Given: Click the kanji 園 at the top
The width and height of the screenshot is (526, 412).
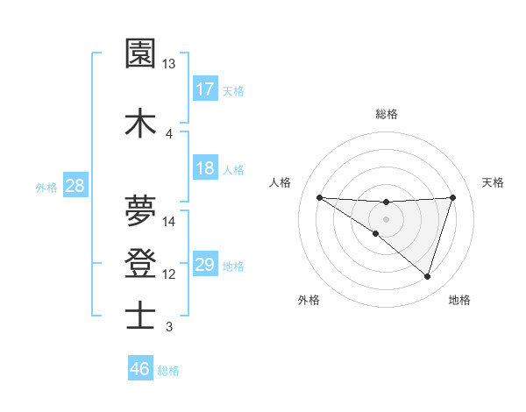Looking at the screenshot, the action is pyautogui.click(x=140, y=53).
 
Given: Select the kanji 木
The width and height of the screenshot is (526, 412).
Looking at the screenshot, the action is pyautogui.click(x=140, y=122).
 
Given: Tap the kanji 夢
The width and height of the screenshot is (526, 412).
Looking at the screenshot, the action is pyautogui.click(x=140, y=210).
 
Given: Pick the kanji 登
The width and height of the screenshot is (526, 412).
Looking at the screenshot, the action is pyautogui.click(x=140, y=262).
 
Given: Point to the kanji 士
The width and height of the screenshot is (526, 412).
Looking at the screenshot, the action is pyautogui.click(x=140, y=315).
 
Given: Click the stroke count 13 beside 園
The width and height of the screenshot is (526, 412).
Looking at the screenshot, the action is pyautogui.click(x=168, y=64).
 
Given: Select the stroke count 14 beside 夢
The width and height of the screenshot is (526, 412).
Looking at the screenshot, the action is pyautogui.click(x=169, y=222).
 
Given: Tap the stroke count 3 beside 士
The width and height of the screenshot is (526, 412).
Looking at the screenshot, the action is pyautogui.click(x=168, y=327).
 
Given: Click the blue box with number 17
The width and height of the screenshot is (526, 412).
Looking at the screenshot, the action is pyautogui.click(x=205, y=89).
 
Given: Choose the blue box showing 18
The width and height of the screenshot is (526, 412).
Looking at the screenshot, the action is pyautogui.click(x=205, y=168).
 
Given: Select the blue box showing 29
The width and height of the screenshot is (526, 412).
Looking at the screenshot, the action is pyautogui.click(x=205, y=265).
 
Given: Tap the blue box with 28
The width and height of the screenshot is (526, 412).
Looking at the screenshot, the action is pyautogui.click(x=75, y=186).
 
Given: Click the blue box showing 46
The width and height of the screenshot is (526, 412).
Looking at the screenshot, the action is pyautogui.click(x=140, y=369).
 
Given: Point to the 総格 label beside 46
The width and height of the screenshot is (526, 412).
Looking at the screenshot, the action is pyautogui.click(x=168, y=371).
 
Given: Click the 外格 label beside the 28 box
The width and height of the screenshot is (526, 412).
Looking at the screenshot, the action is pyautogui.click(x=46, y=187).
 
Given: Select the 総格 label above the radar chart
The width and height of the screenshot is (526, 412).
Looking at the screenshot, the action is pyautogui.click(x=386, y=114).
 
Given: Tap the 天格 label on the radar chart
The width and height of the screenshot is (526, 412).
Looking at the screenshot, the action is pyautogui.click(x=493, y=182).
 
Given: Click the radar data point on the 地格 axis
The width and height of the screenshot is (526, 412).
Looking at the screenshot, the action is pyautogui.click(x=428, y=276).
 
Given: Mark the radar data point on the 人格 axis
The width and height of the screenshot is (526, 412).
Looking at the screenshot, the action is pyautogui.click(x=319, y=197).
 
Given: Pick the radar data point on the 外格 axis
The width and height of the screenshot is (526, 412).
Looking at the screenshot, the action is pyautogui.click(x=376, y=233).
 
